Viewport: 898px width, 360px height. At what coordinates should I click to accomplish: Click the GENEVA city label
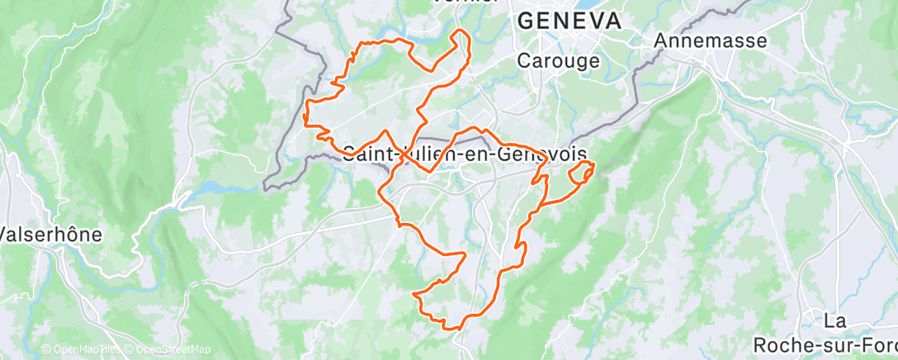(569, 22)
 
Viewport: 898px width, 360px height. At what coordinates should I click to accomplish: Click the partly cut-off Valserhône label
(51, 234)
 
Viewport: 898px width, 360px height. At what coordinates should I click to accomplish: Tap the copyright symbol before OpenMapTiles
(46, 349)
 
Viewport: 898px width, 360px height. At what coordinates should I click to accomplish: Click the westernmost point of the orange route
(305, 116)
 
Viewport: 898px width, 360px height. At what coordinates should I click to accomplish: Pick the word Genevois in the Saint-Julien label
(547, 154)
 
